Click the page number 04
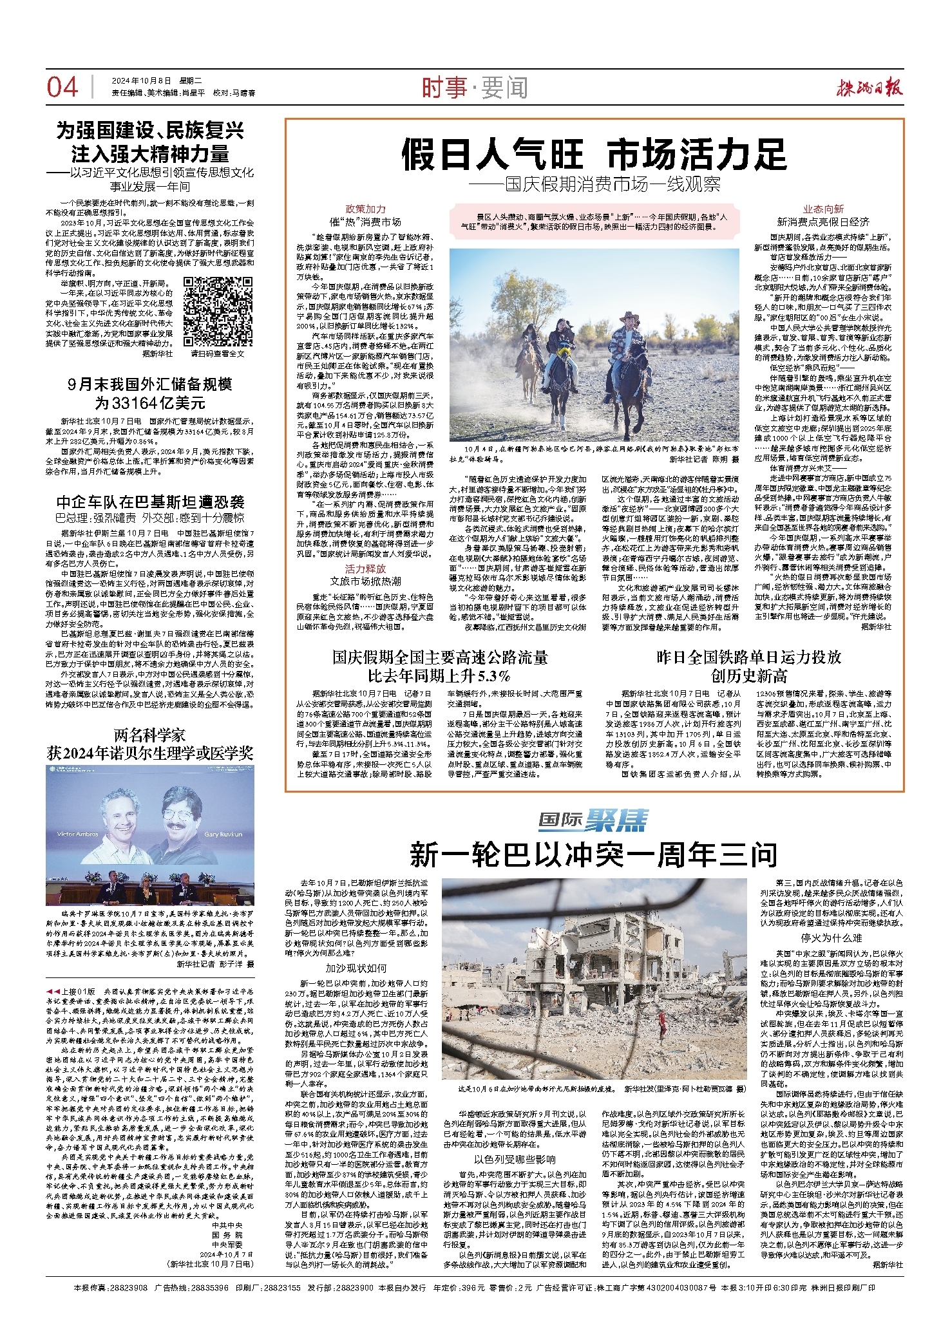(x=62, y=88)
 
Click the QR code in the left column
(x=210, y=312)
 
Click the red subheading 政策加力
(x=365, y=209)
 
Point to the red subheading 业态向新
(x=822, y=209)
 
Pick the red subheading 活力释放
(x=365, y=569)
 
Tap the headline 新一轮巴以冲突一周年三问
(x=593, y=854)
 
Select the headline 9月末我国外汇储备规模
(x=150, y=384)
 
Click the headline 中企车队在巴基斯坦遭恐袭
(x=150, y=502)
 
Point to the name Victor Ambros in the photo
(x=78, y=833)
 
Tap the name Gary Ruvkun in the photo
(x=223, y=833)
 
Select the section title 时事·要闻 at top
(x=475, y=88)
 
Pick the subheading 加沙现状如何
(x=356, y=968)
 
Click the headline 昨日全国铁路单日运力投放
(x=748, y=657)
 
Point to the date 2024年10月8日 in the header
(x=142, y=81)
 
